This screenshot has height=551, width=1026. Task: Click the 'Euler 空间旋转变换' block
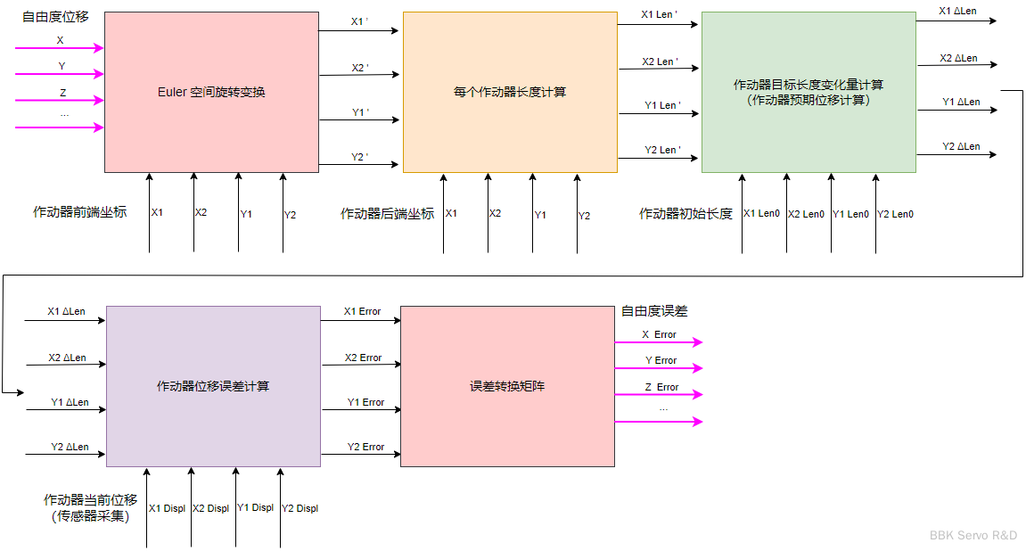(x=211, y=92)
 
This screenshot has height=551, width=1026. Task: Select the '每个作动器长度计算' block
(x=510, y=92)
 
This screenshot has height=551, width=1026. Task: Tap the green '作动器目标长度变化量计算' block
(x=808, y=92)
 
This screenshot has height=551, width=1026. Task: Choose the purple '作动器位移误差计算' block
(x=213, y=386)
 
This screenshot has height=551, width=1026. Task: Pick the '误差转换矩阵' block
(x=507, y=386)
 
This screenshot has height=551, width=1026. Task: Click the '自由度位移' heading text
(x=55, y=17)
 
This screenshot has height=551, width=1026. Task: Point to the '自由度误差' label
(x=654, y=311)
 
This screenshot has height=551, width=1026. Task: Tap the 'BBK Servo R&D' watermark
(x=973, y=535)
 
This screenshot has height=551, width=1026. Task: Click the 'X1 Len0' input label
(x=761, y=214)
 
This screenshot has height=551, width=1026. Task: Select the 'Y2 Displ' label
(x=300, y=508)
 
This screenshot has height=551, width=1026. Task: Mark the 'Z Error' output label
(x=661, y=387)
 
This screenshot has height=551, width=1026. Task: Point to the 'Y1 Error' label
(x=365, y=402)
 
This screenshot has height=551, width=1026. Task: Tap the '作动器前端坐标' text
(x=79, y=212)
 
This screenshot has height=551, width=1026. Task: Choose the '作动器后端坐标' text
(x=387, y=214)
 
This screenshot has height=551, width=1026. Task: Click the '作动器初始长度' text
(x=685, y=214)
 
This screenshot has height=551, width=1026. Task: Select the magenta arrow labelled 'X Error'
(x=659, y=342)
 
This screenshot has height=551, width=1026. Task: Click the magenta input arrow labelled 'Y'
(x=60, y=75)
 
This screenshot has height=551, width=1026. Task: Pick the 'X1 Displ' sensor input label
(x=167, y=508)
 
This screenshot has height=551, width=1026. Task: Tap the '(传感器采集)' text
(x=89, y=515)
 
